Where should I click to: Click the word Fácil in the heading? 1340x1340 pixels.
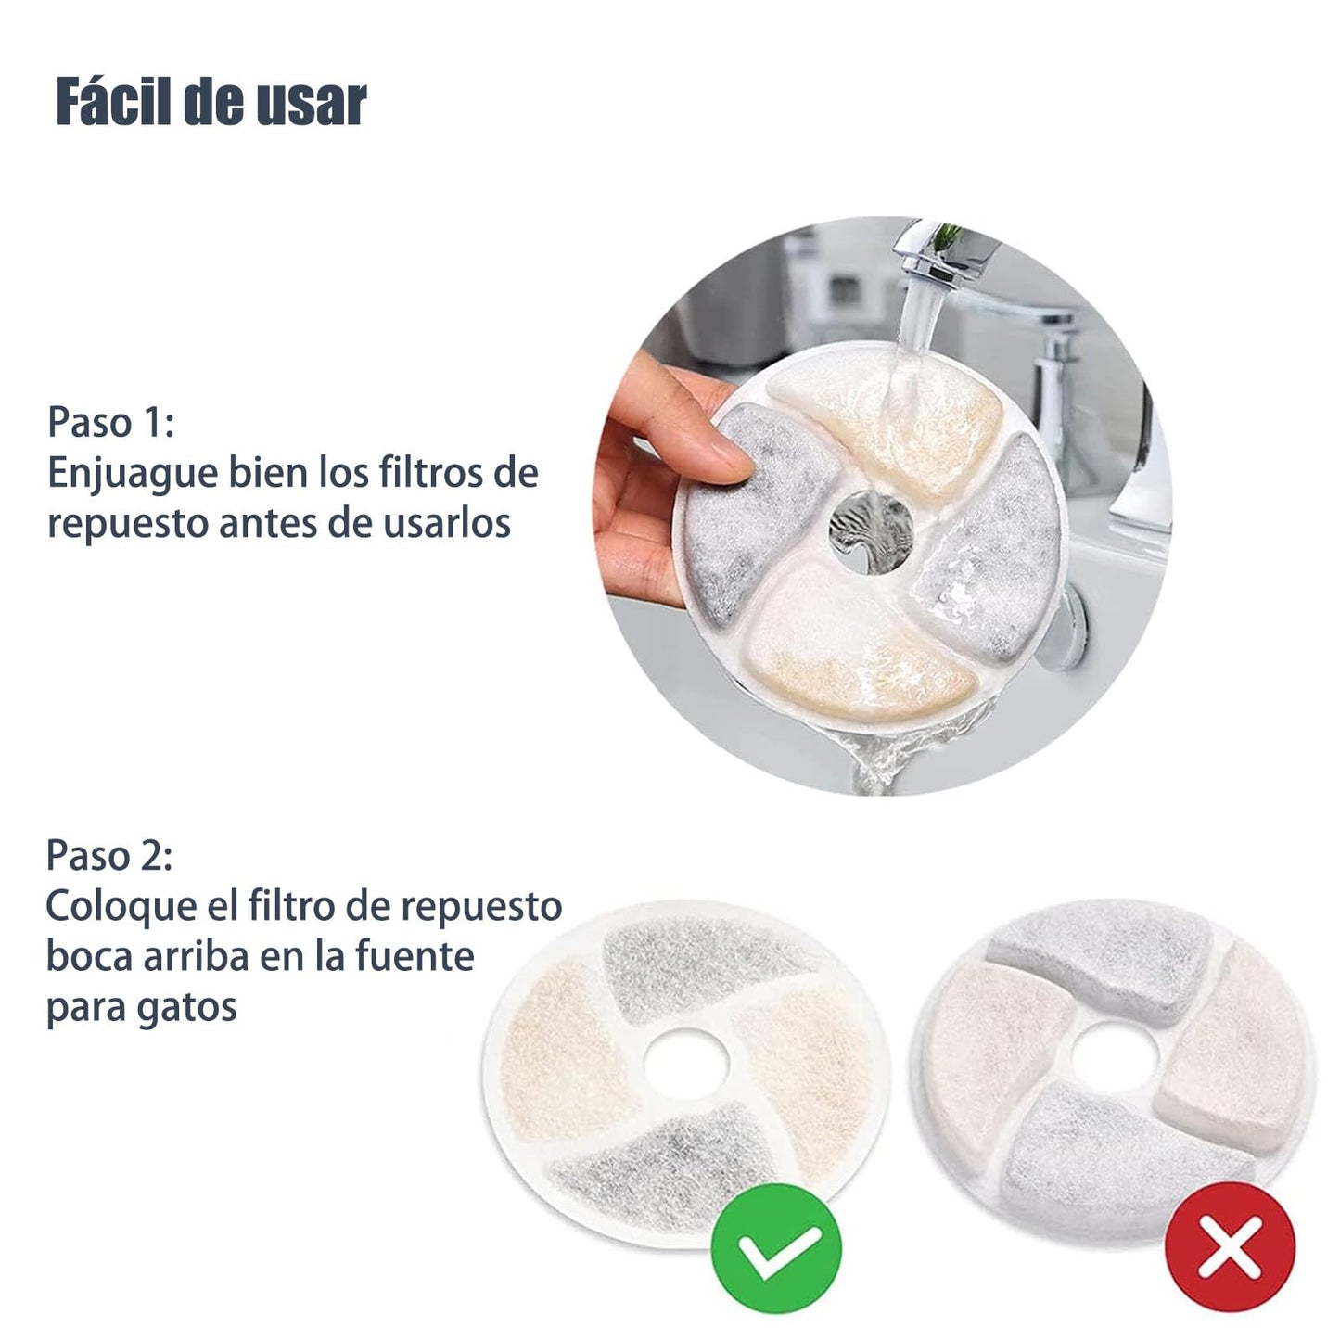(x=113, y=101)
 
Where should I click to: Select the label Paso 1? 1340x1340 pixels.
(x=110, y=421)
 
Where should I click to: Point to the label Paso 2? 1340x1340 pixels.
(x=109, y=855)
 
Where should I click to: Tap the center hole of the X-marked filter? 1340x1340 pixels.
(x=1115, y=1057)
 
